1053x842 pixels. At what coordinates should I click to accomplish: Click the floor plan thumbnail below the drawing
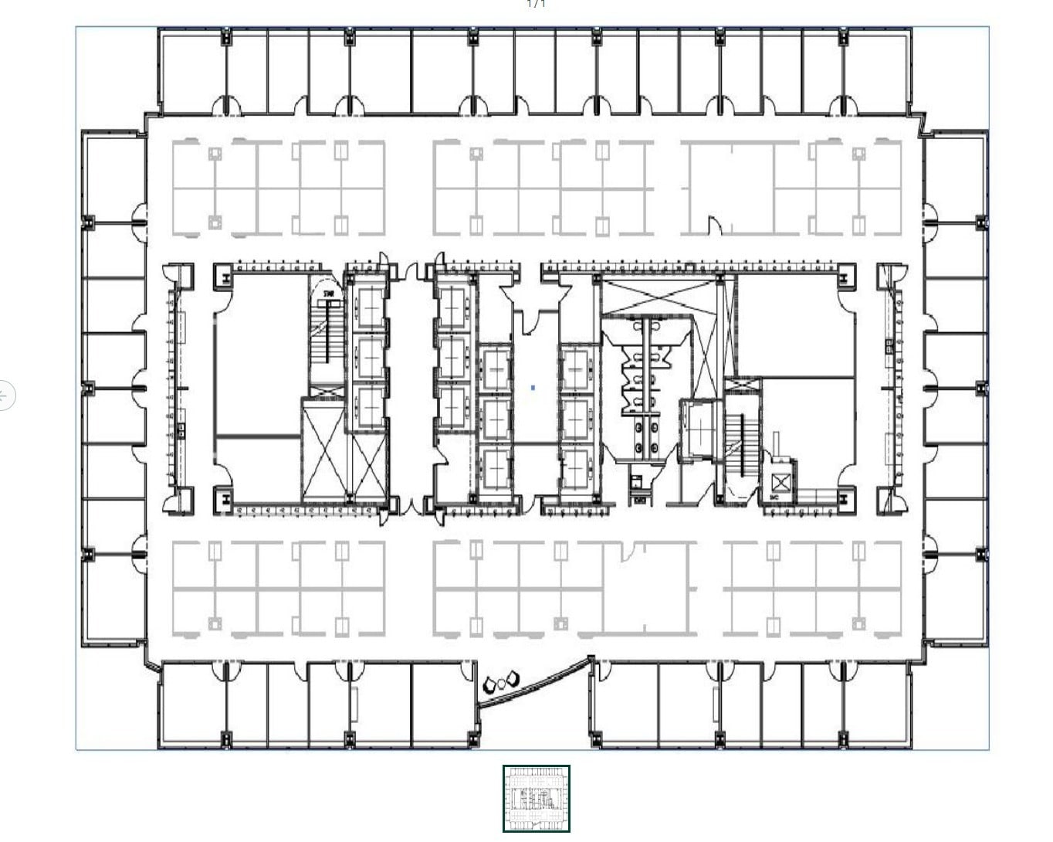coord(536,799)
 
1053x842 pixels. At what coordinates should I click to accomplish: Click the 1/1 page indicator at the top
coord(536,4)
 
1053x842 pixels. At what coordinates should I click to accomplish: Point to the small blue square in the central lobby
coord(533,388)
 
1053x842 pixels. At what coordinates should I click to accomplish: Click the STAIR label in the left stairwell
coord(330,294)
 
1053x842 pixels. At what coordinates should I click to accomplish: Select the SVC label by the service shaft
coord(774,497)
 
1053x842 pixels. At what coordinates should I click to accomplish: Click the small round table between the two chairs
coord(501,683)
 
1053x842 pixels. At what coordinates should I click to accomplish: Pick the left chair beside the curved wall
coord(489,686)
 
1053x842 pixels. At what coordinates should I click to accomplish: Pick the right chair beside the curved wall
coord(512,680)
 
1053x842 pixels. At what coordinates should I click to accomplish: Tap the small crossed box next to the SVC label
coord(781,484)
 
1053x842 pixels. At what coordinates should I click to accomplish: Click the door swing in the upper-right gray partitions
coord(715,226)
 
